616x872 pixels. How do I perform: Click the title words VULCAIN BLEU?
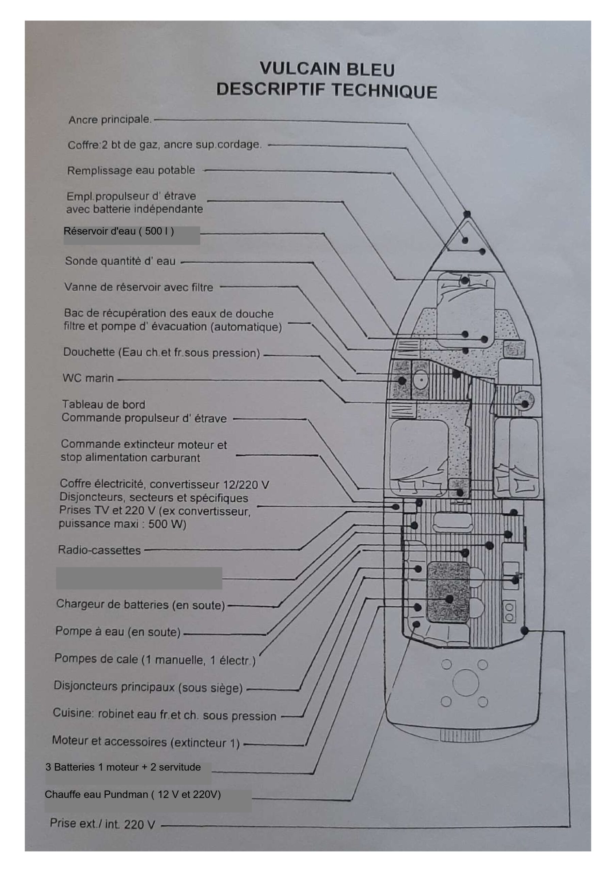point(327,69)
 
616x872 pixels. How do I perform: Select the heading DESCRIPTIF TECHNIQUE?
point(327,90)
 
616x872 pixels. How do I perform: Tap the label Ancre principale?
point(110,120)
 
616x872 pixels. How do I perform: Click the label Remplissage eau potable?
point(131,170)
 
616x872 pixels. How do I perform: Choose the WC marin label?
point(88,378)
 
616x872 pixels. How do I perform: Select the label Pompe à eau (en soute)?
point(118,632)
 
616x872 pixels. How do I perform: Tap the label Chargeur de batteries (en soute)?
point(141,604)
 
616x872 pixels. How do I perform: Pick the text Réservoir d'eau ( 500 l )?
point(119,231)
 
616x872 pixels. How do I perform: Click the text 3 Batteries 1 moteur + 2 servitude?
point(123,767)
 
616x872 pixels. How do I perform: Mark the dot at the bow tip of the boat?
point(467,214)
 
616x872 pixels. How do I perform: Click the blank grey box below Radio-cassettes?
point(139,578)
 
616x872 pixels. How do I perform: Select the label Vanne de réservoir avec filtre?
point(139,287)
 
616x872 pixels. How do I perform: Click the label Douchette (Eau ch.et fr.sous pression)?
point(161,353)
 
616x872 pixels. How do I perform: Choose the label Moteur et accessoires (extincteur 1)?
point(146,741)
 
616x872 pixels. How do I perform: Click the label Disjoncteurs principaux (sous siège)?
point(148,687)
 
